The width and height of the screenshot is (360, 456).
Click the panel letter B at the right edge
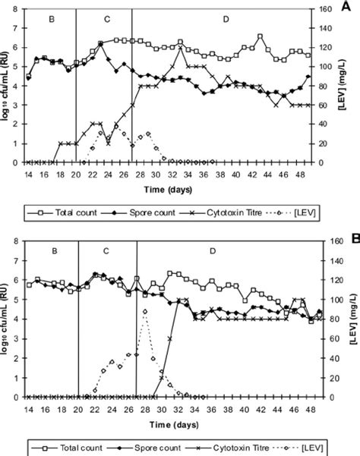pos(355,237)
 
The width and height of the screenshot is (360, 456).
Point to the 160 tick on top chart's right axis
pos(324,10)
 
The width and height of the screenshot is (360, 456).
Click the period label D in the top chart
pos(226,17)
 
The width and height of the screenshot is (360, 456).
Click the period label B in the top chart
pos(50,17)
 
